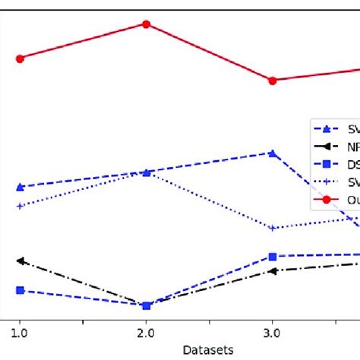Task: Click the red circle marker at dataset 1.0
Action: pyautogui.click(x=20, y=58)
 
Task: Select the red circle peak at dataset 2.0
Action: pyautogui.click(x=146, y=24)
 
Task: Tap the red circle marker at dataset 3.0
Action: pyautogui.click(x=273, y=81)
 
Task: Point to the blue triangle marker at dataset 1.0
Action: pyautogui.click(x=20, y=187)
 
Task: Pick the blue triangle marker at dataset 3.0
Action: pyautogui.click(x=273, y=153)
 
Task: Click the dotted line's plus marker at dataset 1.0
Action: pyautogui.click(x=20, y=206)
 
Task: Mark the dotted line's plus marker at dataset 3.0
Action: pyautogui.click(x=273, y=228)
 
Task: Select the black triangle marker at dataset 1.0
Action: pyautogui.click(x=20, y=261)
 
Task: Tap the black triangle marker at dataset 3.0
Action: pyautogui.click(x=273, y=270)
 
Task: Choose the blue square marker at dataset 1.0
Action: pyautogui.click(x=20, y=290)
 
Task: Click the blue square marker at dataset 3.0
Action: pyautogui.click(x=273, y=257)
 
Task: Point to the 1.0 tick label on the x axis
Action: pyautogui.click(x=20, y=333)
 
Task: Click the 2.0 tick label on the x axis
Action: pyautogui.click(x=146, y=333)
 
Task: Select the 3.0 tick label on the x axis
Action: pyautogui.click(x=273, y=333)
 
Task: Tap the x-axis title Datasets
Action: pyautogui.click(x=207, y=349)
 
